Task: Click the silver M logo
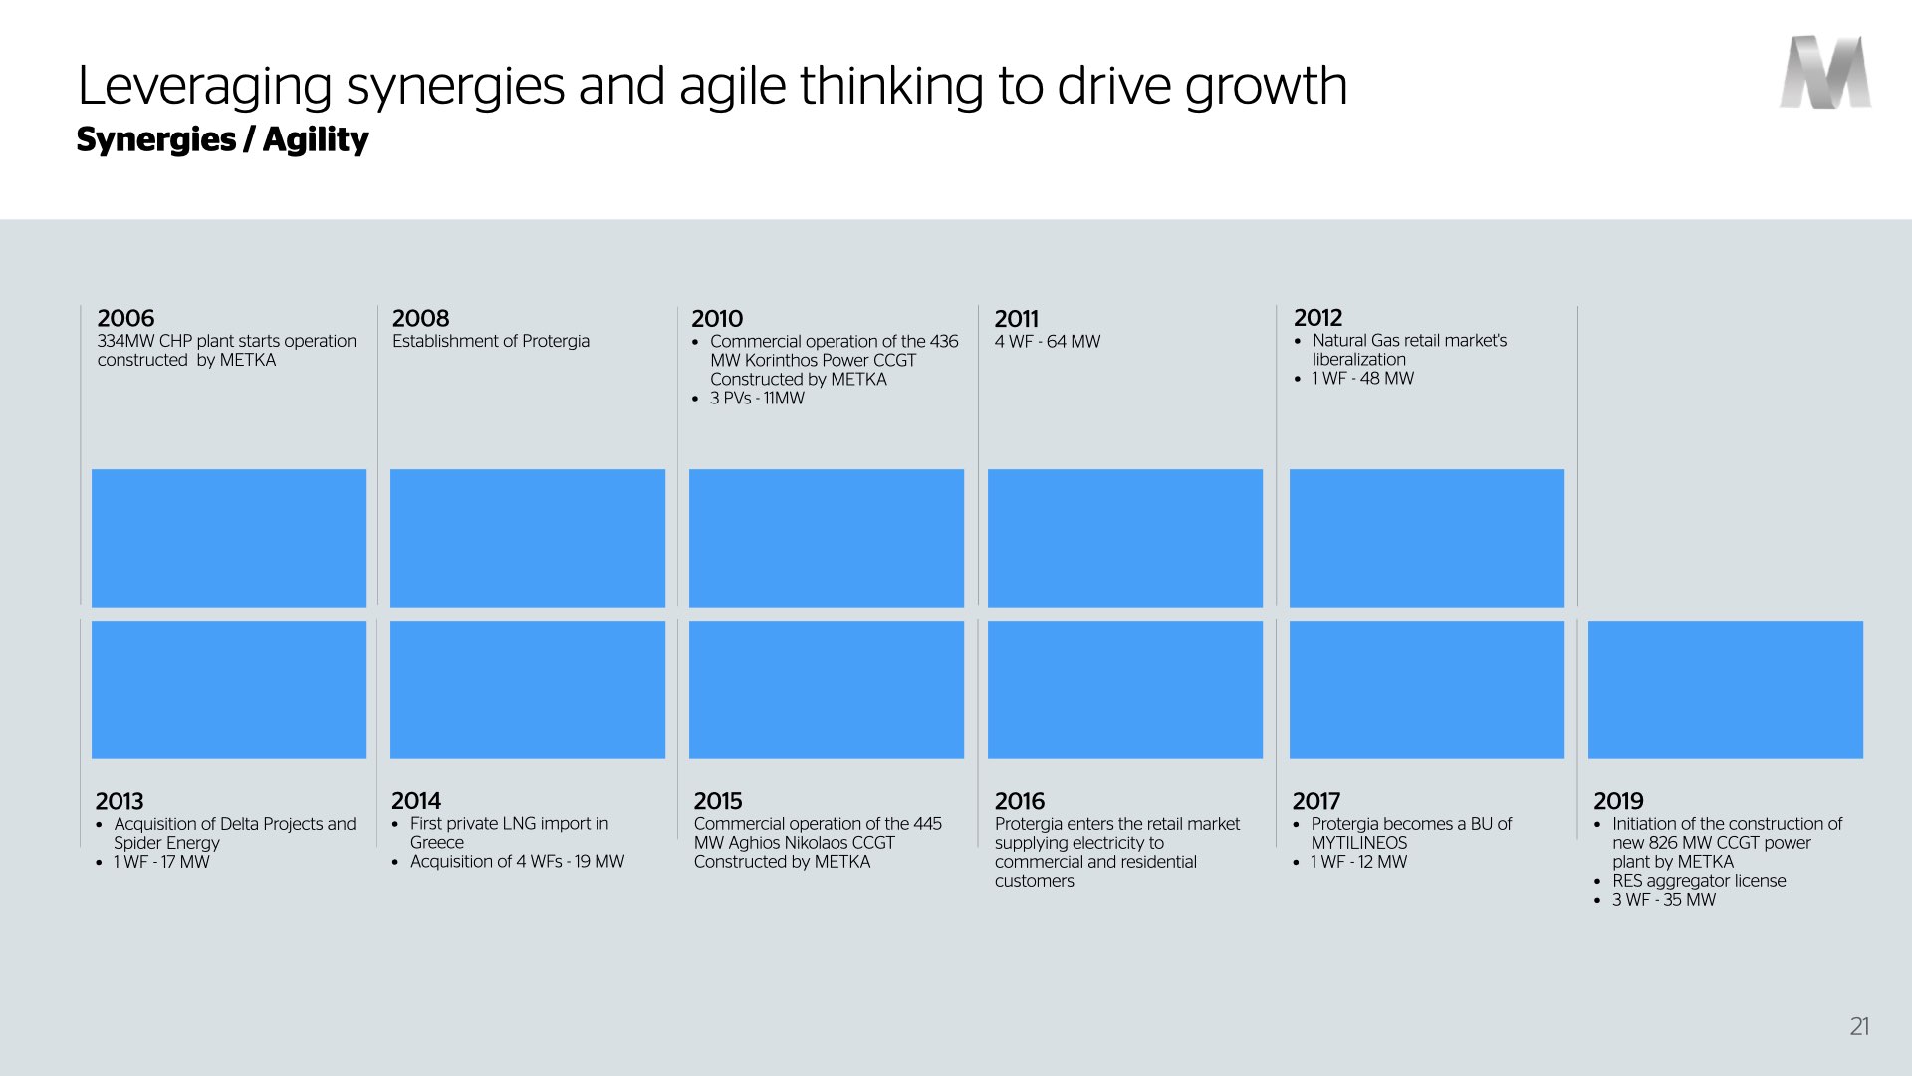[x=1825, y=72]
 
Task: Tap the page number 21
[x=1859, y=1027]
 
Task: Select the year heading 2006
[x=125, y=318]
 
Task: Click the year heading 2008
[x=420, y=318]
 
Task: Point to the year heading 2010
[x=717, y=319]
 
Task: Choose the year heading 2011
[x=1016, y=319]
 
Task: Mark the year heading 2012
[x=1317, y=317]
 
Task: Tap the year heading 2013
[x=119, y=801]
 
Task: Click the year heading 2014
[x=416, y=801]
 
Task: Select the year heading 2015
[x=718, y=801]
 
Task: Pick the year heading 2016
[x=1020, y=801]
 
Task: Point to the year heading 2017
[x=1316, y=801]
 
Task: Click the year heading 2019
[x=1618, y=801]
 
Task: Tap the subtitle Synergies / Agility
[x=222, y=139]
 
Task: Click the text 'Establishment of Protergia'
[x=491, y=341]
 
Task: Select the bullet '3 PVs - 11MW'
[x=757, y=399]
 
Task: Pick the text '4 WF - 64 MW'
[x=1048, y=341]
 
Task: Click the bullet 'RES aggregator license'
[x=1699, y=881]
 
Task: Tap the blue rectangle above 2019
[x=1726, y=689]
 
